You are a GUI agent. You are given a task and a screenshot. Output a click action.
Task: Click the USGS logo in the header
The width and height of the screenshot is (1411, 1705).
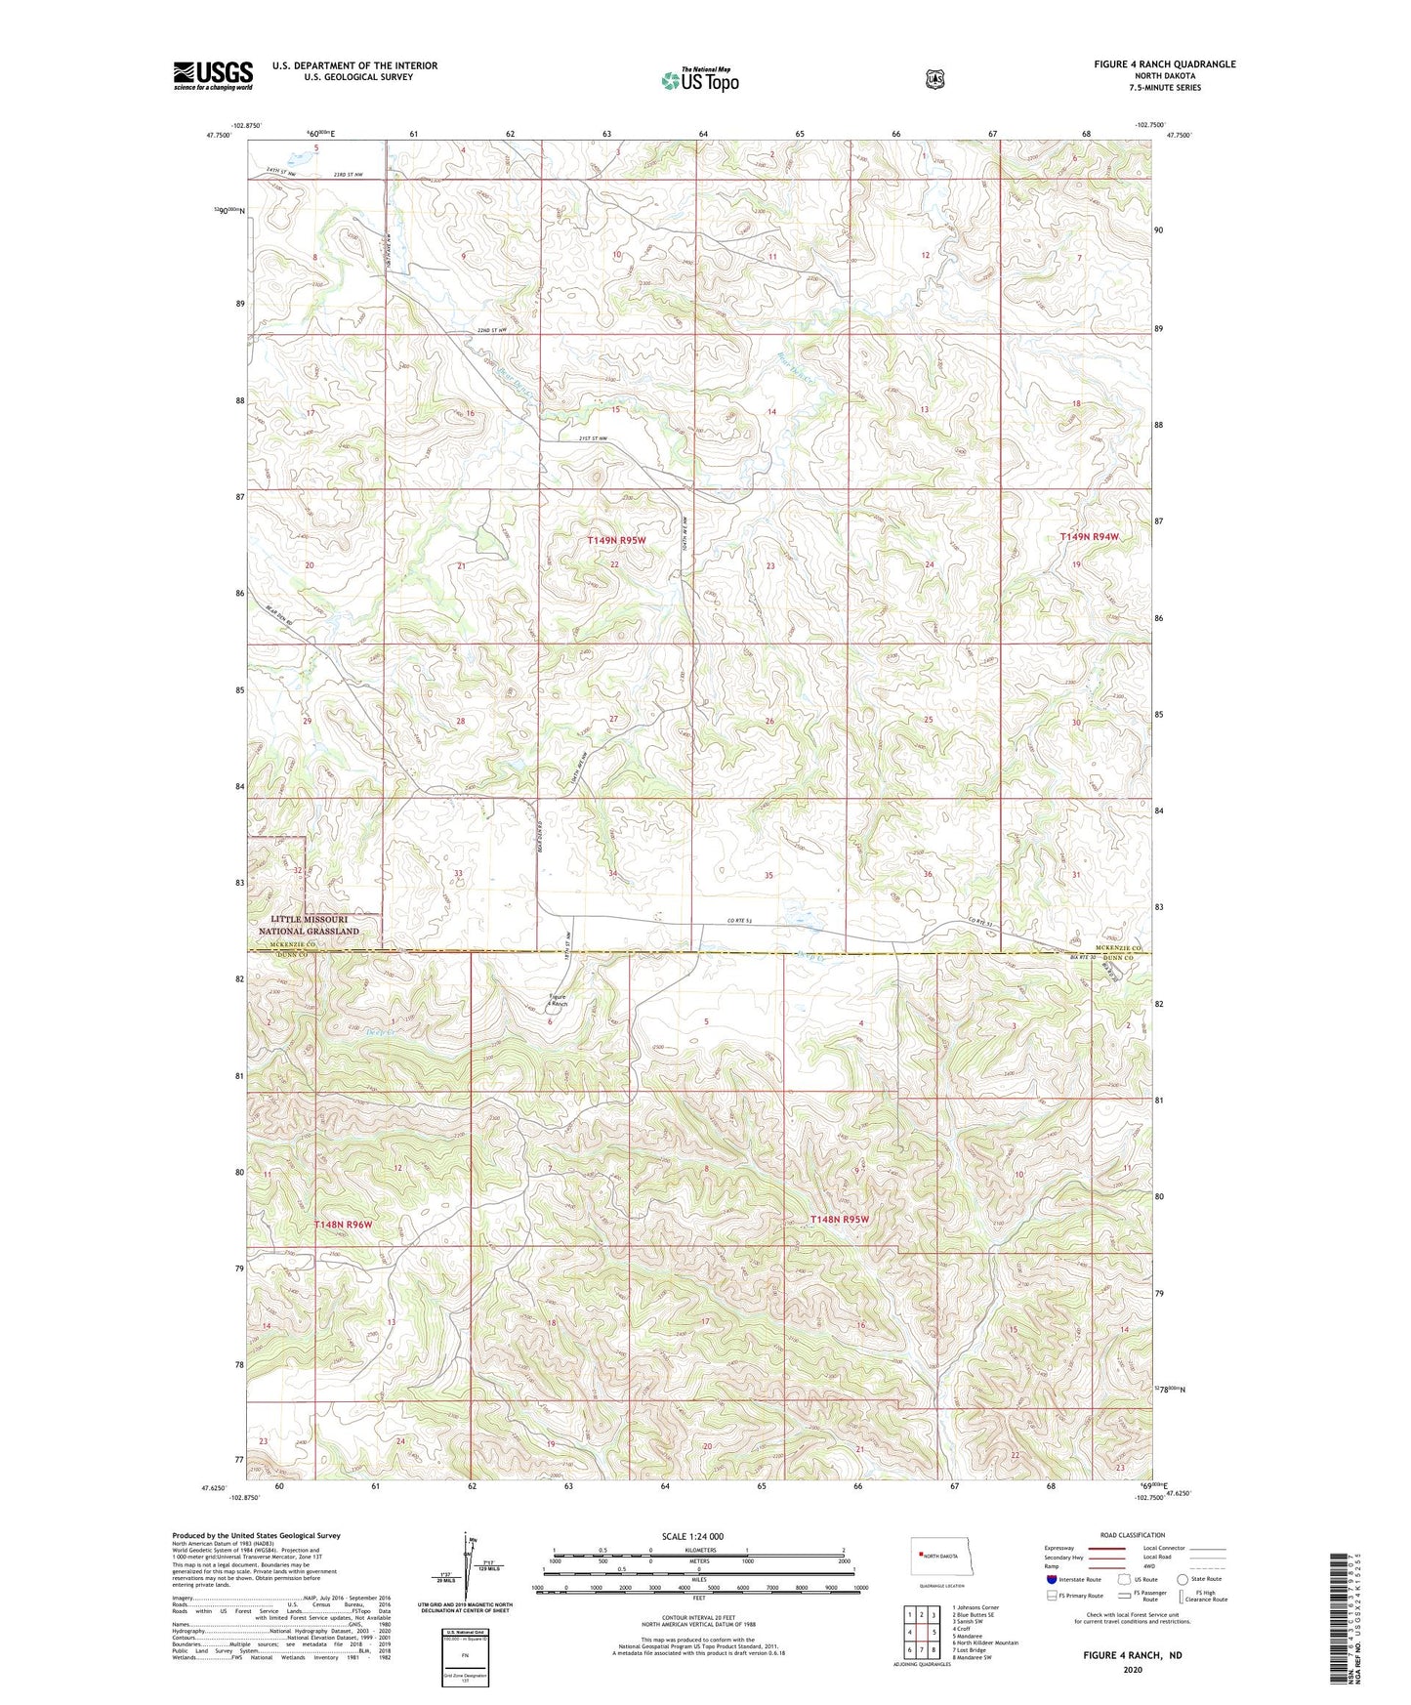click(x=213, y=74)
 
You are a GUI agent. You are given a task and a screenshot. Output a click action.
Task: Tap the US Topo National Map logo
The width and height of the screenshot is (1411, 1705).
click(x=699, y=79)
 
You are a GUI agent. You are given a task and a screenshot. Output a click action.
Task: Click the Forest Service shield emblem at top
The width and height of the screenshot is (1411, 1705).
click(x=934, y=79)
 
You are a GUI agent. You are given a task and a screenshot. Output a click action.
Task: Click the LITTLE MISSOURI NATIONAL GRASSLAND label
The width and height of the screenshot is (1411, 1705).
click(x=309, y=925)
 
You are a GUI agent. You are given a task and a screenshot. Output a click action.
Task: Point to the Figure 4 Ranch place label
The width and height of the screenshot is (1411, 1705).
click(x=557, y=1000)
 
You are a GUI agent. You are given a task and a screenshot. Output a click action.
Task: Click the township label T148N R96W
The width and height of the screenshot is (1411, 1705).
click(x=343, y=1225)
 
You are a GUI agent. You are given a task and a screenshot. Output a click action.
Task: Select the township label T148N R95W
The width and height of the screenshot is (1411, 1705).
click(x=839, y=1219)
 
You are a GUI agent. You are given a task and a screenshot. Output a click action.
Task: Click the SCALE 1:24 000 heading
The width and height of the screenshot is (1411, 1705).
click(x=692, y=1536)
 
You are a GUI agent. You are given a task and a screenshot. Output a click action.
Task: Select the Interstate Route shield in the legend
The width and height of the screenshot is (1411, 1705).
click(x=1051, y=1578)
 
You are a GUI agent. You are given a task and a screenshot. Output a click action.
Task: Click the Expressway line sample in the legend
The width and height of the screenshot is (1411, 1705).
click(x=1100, y=1548)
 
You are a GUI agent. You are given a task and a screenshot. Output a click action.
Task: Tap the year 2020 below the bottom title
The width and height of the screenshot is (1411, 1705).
click(x=1132, y=1670)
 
